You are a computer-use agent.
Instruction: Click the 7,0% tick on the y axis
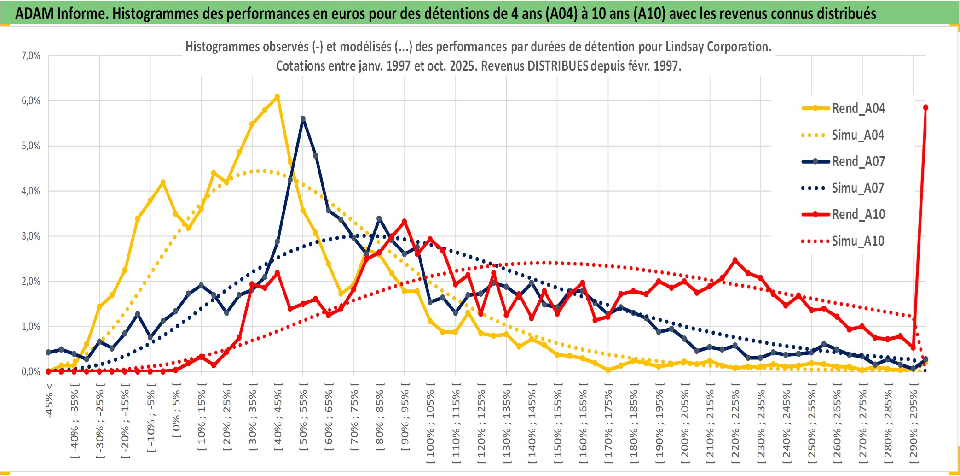point(31,56)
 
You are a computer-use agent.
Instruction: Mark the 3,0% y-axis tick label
point(31,236)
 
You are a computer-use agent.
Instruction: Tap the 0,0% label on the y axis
point(31,371)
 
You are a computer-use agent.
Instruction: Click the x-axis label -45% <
point(49,401)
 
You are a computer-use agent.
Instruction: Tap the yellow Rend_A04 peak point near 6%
point(277,97)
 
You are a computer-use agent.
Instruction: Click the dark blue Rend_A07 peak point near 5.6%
point(303,119)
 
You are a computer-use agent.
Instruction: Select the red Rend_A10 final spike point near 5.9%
point(925,107)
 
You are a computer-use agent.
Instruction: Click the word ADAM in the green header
point(35,14)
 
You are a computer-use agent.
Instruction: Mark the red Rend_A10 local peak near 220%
point(735,260)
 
